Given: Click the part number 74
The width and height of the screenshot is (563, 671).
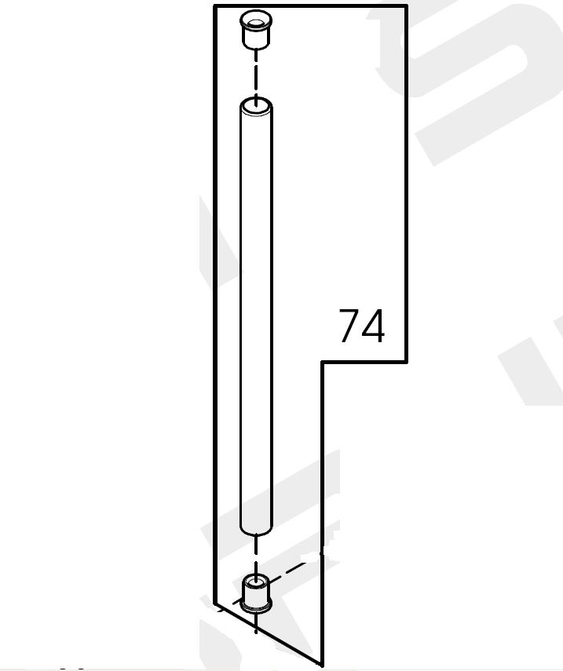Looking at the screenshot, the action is pyautogui.click(x=362, y=326).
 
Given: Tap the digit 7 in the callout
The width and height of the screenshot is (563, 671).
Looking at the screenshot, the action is pyautogui.click(x=349, y=326).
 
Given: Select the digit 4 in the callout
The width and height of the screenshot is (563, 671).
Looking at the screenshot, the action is pyautogui.click(x=373, y=326).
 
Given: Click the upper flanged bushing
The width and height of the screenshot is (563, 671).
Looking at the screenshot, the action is pyautogui.click(x=256, y=31).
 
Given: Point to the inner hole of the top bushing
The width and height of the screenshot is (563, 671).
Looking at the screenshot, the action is pyautogui.click(x=256, y=23).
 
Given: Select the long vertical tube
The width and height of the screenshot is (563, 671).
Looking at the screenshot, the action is pyautogui.click(x=256, y=317).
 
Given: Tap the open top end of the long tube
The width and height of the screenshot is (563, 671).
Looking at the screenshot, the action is pyautogui.click(x=256, y=107).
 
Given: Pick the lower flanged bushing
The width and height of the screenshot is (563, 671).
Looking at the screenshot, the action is pyautogui.click(x=256, y=594).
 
